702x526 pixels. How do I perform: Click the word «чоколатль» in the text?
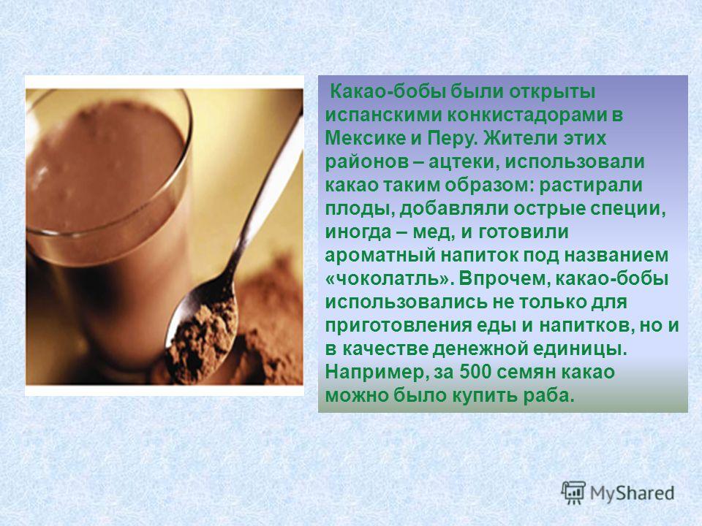[388, 278]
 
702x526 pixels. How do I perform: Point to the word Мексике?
[365, 138]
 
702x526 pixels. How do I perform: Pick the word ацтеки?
[464, 162]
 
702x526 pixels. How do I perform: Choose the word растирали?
[591, 185]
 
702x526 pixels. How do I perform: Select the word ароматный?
[380, 256]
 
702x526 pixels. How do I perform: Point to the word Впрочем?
[503, 278]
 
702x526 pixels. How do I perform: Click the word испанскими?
[383, 115]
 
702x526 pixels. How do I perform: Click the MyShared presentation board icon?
[573, 493]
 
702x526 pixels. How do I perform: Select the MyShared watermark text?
[632, 493]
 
